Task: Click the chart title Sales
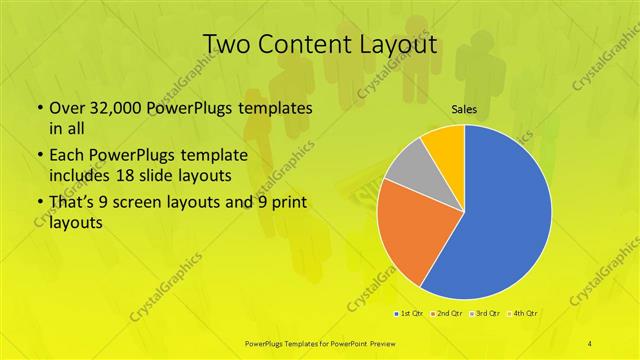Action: (463, 108)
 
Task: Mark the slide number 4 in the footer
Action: (590, 343)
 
